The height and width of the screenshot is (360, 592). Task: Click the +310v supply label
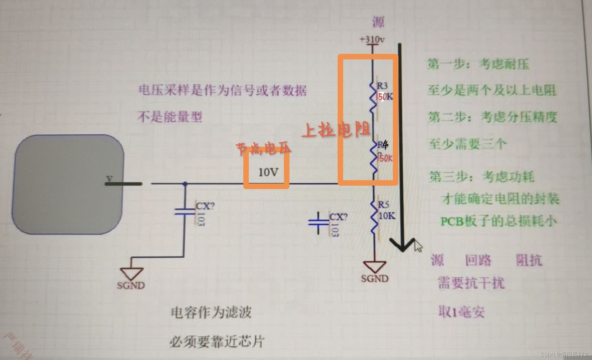click(x=372, y=39)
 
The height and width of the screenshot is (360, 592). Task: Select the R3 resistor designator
click(x=382, y=85)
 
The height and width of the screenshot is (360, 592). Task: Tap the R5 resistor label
click(x=383, y=204)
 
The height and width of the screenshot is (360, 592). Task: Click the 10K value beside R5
click(x=387, y=216)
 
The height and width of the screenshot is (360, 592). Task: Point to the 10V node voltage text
click(x=268, y=172)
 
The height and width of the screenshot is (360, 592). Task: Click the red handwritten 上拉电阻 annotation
click(x=336, y=130)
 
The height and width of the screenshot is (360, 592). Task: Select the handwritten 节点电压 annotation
click(x=264, y=149)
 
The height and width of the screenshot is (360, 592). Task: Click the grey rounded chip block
click(x=68, y=184)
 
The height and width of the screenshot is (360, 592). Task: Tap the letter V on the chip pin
click(x=109, y=178)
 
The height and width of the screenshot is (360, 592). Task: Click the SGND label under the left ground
click(x=131, y=285)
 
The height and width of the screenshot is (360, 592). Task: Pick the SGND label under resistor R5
click(x=375, y=279)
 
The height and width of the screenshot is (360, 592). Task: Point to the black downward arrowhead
click(x=402, y=245)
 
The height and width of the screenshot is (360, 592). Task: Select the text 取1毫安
click(x=461, y=312)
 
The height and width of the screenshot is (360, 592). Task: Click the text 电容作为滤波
click(x=211, y=313)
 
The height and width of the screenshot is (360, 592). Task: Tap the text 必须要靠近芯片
click(x=217, y=342)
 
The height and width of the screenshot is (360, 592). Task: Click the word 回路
click(x=478, y=260)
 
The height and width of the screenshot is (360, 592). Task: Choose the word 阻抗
click(x=529, y=260)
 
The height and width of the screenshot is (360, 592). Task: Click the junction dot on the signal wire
click(x=185, y=184)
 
